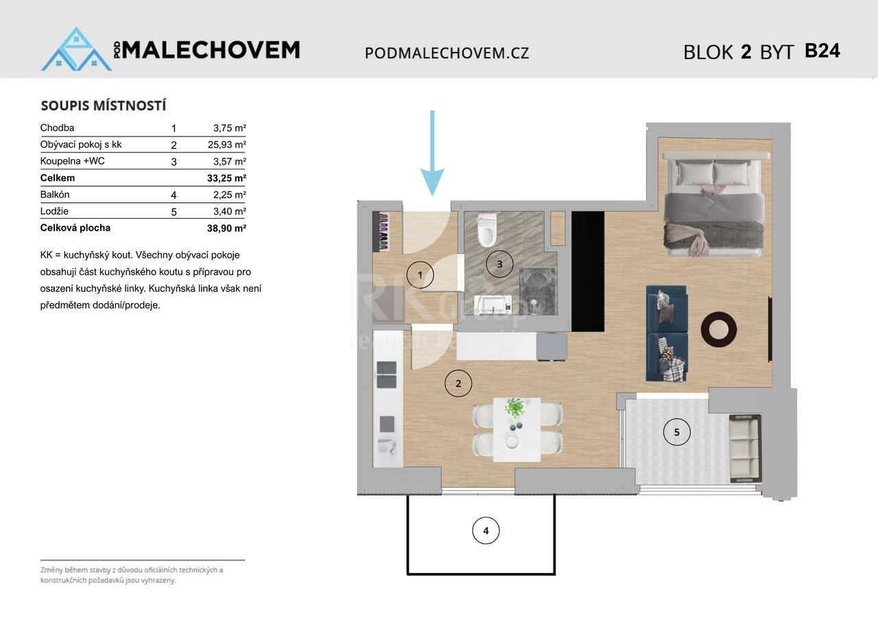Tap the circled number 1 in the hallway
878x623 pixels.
tap(420, 275)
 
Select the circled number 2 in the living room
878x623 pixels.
tap(458, 383)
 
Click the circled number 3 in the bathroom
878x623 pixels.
tap(499, 263)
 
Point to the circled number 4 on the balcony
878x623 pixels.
tap(486, 530)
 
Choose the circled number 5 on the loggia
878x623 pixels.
tap(677, 432)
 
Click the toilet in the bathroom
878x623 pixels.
tap(487, 231)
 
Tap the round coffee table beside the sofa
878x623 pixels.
tap(719, 330)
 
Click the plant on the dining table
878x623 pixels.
tap(514, 408)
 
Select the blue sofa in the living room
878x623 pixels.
tap(665, 333)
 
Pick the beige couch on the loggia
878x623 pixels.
tap(744, 448)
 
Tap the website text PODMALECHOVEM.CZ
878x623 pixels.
tap(447, 53)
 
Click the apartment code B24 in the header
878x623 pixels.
tap(822, 51)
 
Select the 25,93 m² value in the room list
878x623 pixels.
tap(229, 145)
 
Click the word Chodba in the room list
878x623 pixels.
tap(57, 128)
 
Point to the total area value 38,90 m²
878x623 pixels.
tap(229, 228)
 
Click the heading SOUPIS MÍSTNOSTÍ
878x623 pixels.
tap(104, 106)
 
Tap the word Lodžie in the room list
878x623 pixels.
tap(55, 211)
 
